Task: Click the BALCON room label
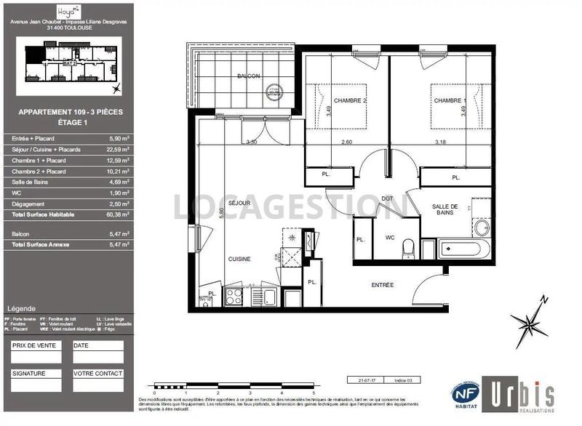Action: [248, 76]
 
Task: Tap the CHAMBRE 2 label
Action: [350, 100]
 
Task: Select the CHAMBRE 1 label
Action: [449, 100]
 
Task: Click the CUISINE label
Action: [239, 259]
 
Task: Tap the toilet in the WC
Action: [410, 248]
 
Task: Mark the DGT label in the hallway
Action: [387, 198]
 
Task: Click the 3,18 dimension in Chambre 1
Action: [441, 142]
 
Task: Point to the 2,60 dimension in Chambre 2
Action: [348, 142]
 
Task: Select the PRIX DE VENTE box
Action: [38, 353]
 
